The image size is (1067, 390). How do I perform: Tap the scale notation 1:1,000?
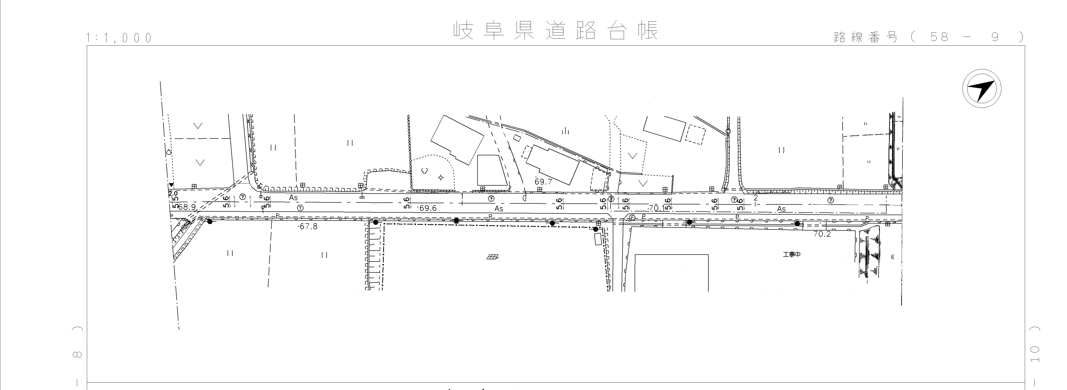[x=119, y=38]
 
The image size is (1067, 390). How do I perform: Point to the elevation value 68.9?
[x=187, y=207]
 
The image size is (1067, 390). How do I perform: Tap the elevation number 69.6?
[x=427, y=208]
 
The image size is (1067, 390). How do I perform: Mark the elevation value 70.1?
[x=656, y=208]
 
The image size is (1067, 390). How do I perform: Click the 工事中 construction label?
[x=792, y=255]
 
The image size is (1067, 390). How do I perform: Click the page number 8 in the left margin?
[x=77, y=354]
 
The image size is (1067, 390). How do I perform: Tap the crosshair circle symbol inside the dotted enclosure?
[x=441, y=178]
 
